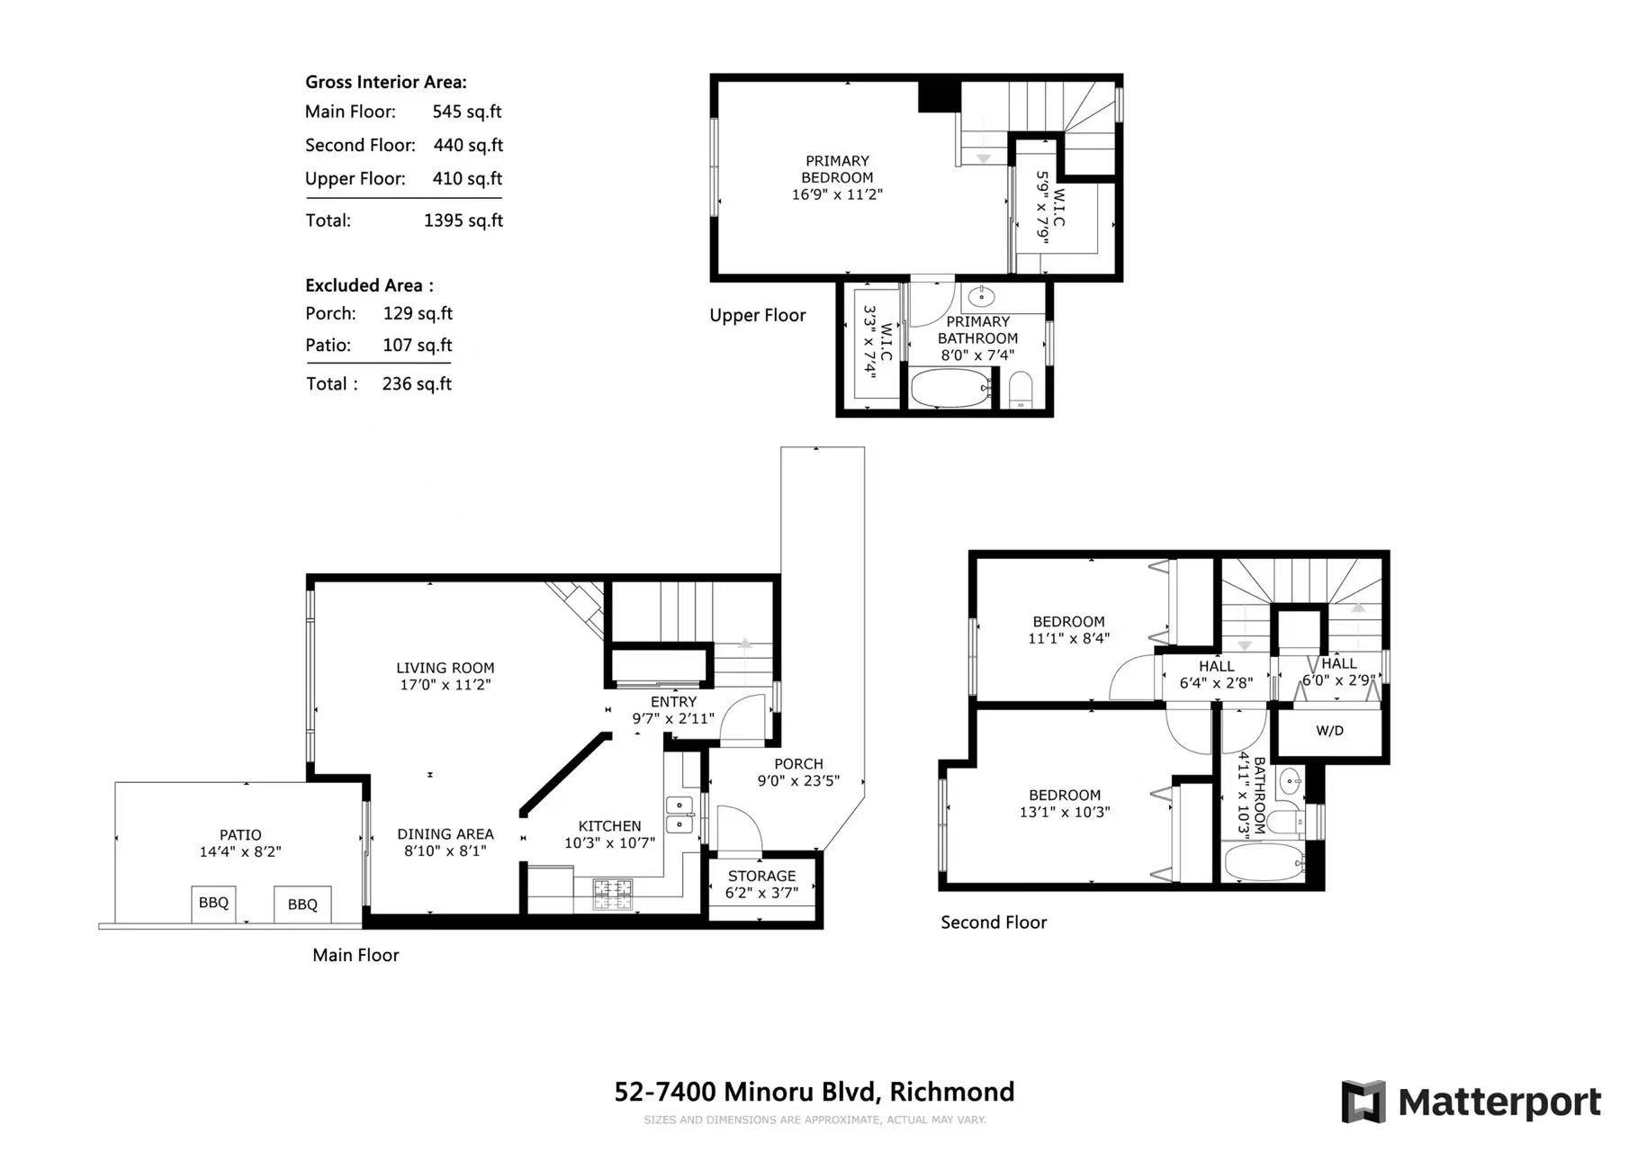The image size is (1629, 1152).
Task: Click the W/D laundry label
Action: [1329, 731]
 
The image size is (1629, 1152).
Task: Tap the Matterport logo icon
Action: [1363, 1102]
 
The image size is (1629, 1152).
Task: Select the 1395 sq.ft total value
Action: [463, 220]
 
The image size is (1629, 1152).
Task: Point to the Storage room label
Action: [761, 876]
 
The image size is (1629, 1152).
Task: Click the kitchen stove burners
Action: [613, 894]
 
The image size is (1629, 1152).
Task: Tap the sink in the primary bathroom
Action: [982, 295]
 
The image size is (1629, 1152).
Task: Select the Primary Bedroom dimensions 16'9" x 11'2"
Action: [837, 194]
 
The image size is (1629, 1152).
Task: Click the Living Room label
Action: [445, 668]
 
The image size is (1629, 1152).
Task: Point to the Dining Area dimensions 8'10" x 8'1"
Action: [445, 850]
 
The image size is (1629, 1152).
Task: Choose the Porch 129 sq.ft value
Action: [418, 313]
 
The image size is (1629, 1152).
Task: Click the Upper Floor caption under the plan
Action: [758, 315]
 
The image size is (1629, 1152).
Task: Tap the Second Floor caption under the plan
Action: [994, 922]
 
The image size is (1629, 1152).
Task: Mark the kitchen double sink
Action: [679, 814]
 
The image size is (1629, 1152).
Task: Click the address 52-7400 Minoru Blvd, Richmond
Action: [814, 1092]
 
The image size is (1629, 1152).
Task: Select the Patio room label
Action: [240, 835]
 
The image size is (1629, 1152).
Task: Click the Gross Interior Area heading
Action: [386, 82]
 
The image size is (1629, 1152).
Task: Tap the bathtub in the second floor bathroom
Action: [1264, 862]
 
